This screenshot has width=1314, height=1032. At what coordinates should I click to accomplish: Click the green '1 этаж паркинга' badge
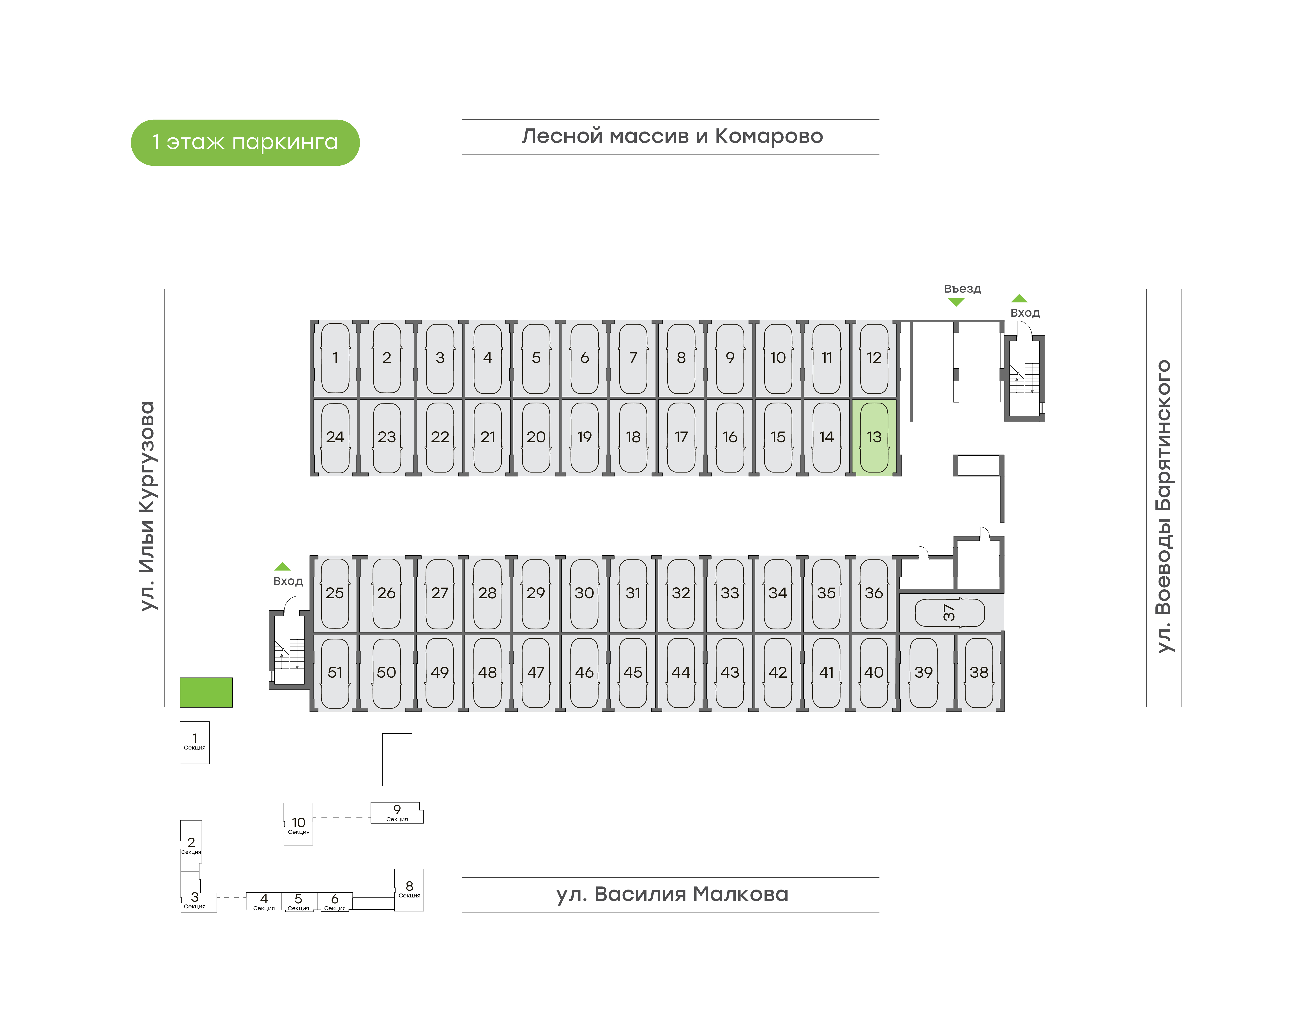245,143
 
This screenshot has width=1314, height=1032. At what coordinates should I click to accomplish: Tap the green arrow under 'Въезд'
956,302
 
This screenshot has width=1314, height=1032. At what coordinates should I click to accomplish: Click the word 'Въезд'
963,289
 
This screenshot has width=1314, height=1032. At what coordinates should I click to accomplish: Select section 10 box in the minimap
298,824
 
